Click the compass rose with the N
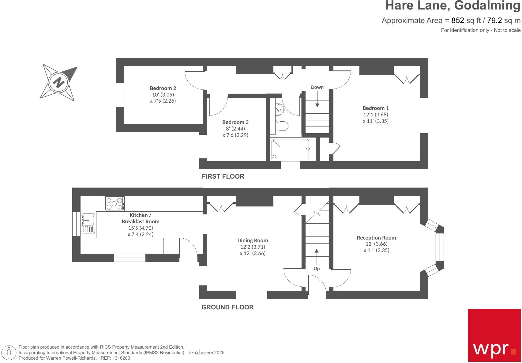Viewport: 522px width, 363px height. coord(59,82)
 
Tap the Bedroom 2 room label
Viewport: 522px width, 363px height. coord(163,88)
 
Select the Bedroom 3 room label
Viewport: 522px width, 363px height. coord(235,122)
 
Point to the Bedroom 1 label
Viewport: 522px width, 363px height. coord(376,108)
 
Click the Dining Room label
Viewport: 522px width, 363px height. coord(253,240)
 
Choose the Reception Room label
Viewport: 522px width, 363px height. coord(376,238)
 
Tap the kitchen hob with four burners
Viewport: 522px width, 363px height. coord(115,204)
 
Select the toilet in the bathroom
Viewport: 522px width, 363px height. coord(281,126)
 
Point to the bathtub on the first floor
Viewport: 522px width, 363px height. coord(290,149)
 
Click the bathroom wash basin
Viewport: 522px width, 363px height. coord(280,108)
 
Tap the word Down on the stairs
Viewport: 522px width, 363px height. coord(317,87)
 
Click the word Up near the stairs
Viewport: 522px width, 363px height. coord(317,269)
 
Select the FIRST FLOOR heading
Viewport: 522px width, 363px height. coord(223,176)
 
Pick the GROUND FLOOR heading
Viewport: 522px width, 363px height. coord(227,307)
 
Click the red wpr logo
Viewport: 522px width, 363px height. coord(494,335)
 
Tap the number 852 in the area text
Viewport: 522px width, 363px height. coord(458,21)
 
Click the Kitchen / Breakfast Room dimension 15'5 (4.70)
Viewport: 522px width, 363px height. coord(141,228)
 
